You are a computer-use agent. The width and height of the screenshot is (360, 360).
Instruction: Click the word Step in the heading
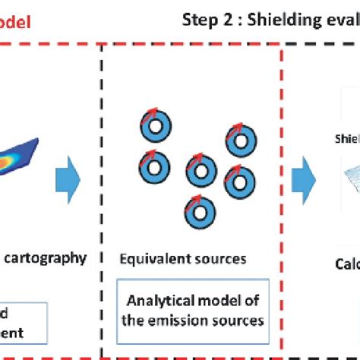coord(199,20)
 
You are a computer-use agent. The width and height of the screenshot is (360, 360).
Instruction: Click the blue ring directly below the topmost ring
coord(153,164)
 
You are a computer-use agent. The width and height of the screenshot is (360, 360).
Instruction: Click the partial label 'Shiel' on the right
coord(347,139)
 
